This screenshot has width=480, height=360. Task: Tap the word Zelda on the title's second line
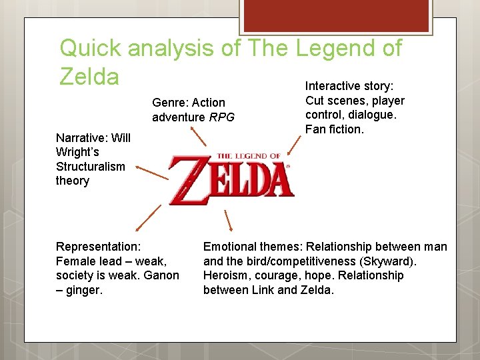(89, 76)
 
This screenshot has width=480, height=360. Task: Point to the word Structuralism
(90, 167)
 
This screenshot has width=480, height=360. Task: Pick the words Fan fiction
(334, 129)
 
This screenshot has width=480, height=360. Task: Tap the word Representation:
(98, 247)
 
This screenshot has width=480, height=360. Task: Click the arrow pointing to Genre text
(199, 137)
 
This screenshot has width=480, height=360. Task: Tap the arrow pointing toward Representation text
(150, 217)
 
